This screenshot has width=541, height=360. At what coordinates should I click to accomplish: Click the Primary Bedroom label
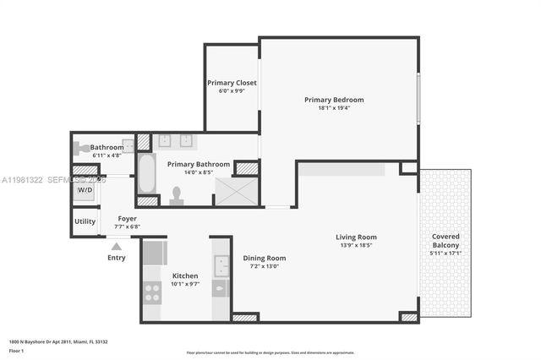(x=335, y=100)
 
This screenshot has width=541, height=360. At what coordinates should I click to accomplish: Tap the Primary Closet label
(x=232, y=83)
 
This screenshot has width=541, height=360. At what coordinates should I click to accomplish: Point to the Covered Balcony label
(x=445, y=241)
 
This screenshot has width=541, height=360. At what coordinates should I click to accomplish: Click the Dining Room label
(x=265, y=258)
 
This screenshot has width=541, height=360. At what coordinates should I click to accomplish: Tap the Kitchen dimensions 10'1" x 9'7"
(x=185, y=285)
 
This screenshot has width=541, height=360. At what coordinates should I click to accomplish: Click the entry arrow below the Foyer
(x=114, y=246)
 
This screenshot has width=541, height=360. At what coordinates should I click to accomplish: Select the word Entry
(x=117, y=258)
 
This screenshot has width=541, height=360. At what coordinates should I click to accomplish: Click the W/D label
(x=85, y=190)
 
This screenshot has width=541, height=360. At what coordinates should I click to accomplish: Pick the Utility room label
(x=85, y=221)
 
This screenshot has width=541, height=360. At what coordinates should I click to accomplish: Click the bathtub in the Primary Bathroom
(x=146, y=173)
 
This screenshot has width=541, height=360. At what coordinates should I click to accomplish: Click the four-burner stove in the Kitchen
(x=152, y=292)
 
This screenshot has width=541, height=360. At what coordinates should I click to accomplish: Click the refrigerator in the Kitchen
(x=154, y=253)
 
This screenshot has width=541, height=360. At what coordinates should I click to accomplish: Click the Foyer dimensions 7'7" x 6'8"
(x=127, y=226)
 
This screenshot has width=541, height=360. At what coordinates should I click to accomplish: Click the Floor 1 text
(x=16, y=350)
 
